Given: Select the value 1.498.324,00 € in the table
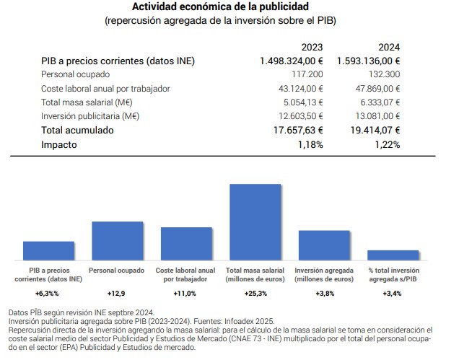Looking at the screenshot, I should tap(292, 61).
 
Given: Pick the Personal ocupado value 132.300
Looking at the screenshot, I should tap(384, 74).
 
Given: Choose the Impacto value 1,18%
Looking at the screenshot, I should tap(310, 144).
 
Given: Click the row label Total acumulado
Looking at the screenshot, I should tap(77, 130).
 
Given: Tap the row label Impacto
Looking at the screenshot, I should tap(59, 144).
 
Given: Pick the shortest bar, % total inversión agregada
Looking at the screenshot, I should tap(393, 255).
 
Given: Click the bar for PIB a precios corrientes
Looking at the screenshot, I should tap(48, 250).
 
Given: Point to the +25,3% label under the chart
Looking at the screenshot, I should tap(255, 294).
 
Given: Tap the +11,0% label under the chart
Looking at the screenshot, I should tap(186, 294).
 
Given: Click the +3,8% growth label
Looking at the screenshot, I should tap(324, 294).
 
